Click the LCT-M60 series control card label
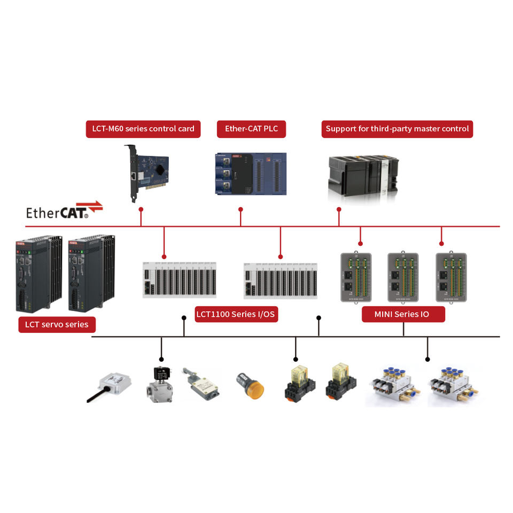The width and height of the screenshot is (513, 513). point(143,129)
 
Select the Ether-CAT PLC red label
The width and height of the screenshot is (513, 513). point(251,129)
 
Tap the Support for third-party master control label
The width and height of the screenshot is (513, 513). point(397,129)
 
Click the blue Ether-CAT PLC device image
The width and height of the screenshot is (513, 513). point(250,174)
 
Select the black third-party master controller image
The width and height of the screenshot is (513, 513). point(363,176)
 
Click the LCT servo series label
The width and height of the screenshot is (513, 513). point(57,324)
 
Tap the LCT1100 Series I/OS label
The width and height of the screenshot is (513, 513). point(235,314)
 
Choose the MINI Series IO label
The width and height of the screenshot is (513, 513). point(403,314)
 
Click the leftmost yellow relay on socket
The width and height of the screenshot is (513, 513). point(299,382)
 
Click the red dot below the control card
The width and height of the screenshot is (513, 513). point(141,209)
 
